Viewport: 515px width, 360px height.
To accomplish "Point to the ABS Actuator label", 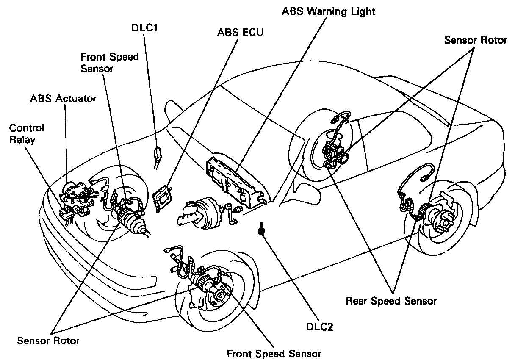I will (x=63, y=99).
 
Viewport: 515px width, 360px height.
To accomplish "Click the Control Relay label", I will (x=26, y=133).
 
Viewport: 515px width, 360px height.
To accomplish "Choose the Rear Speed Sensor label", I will (x=391, y=301).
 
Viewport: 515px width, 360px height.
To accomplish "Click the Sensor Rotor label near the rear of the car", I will (x=475, y=40).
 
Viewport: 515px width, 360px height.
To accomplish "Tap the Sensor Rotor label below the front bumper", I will (x=48, y=340).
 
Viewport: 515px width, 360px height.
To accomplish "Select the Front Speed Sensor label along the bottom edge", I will (x=274, y=353).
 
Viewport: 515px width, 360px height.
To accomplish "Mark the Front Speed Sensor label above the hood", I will (x=110, y=62).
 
